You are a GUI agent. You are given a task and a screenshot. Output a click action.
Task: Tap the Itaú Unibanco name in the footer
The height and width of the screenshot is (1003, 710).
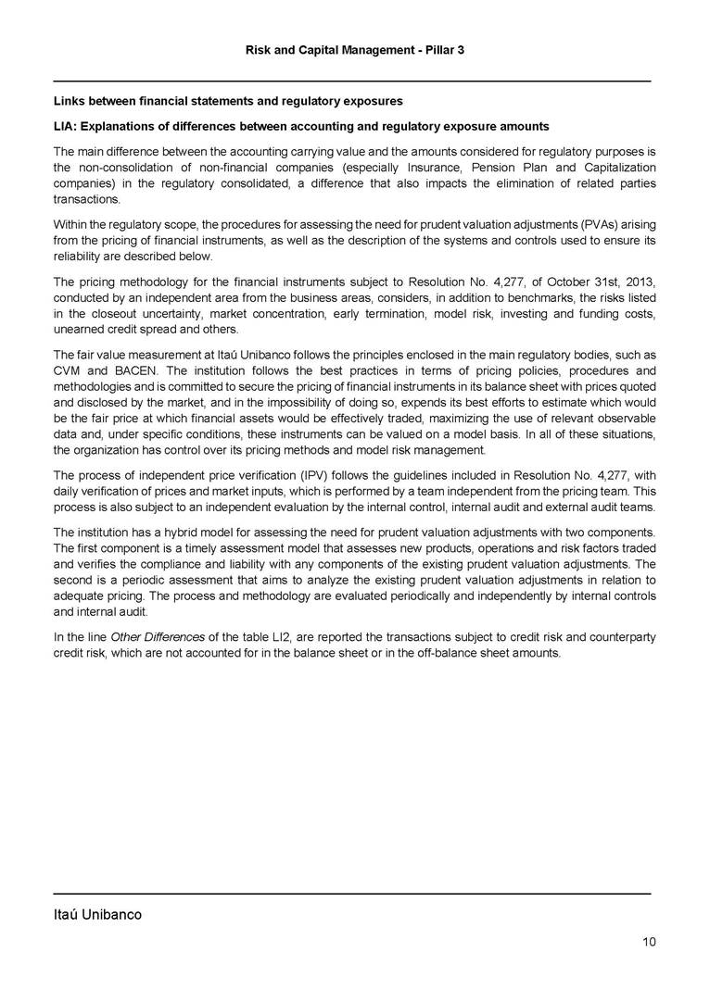(x=97, y=915)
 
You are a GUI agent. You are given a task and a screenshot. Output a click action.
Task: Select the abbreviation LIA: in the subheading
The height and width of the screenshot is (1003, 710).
(x=66, y=126)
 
